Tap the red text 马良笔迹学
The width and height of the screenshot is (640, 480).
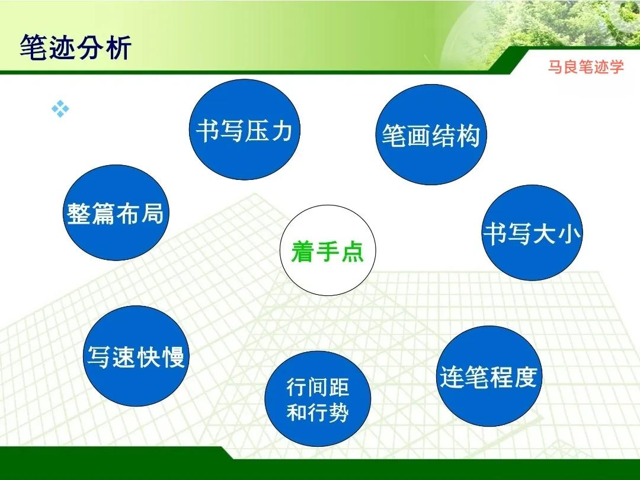[585, 67]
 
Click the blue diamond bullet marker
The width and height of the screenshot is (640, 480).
[60, 109]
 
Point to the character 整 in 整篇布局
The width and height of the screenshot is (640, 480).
[79, 214]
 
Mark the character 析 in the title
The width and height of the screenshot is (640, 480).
[117, 48]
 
